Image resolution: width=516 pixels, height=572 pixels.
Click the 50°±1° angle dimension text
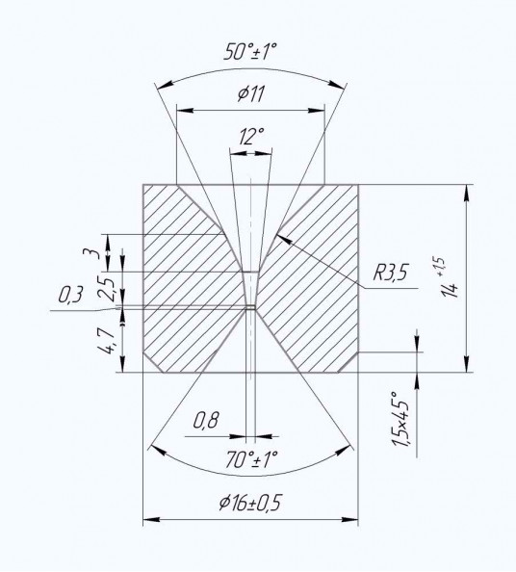click(x=250, y=52)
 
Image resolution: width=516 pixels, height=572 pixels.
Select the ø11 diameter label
click(x=251, y=94)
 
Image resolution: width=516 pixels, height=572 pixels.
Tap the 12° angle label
click(x=251, y=137)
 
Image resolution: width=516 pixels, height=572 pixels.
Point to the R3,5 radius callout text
click(x=390, y=273)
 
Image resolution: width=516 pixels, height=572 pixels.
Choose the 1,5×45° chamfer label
click(x=400, y=419)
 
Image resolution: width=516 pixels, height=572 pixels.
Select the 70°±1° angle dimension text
click(x=252, y=459)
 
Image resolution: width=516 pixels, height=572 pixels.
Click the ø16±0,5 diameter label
click(x=250, y=504)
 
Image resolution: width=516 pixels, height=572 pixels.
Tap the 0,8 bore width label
click(x=206, y=421)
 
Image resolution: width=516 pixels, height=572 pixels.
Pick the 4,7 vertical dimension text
click(x=107, y=340)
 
